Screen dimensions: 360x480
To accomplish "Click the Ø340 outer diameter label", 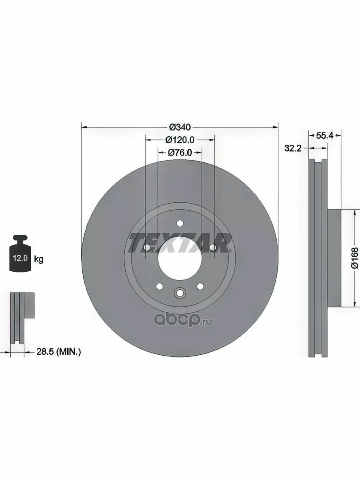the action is (180, 127).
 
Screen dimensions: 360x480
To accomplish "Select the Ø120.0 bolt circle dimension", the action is (180, 140).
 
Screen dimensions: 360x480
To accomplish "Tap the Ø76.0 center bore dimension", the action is (180, 153).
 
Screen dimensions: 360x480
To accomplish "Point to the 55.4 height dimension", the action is (324, 136).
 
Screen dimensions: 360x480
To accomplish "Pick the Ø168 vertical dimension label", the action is (354, 258).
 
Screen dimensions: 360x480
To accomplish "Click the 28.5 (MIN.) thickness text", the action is (58, 352).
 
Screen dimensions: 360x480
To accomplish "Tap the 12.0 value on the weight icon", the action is (20, 258).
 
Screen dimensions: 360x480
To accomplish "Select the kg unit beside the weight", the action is (39, 259).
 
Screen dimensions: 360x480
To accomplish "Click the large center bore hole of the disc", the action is (180, 258).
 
